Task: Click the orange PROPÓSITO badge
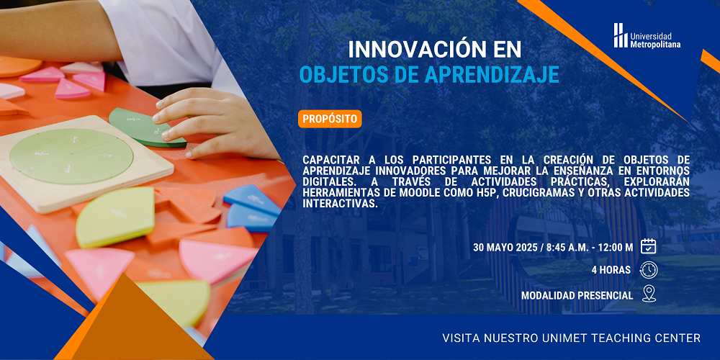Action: pos(330,119)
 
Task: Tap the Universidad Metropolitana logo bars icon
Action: pos(621,35)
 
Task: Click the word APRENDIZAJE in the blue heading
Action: pos(492,75)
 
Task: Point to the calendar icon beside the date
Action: pos(649,246)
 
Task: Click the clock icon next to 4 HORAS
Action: pos(649,270)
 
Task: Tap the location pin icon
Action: pos(649,294)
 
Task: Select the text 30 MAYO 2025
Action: pos(506,248)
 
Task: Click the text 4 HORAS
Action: pos(611,270)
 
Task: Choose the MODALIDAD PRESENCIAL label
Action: pos(577,296)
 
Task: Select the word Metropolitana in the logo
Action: pos(655,45)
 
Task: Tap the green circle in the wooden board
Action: pos(71,156)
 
